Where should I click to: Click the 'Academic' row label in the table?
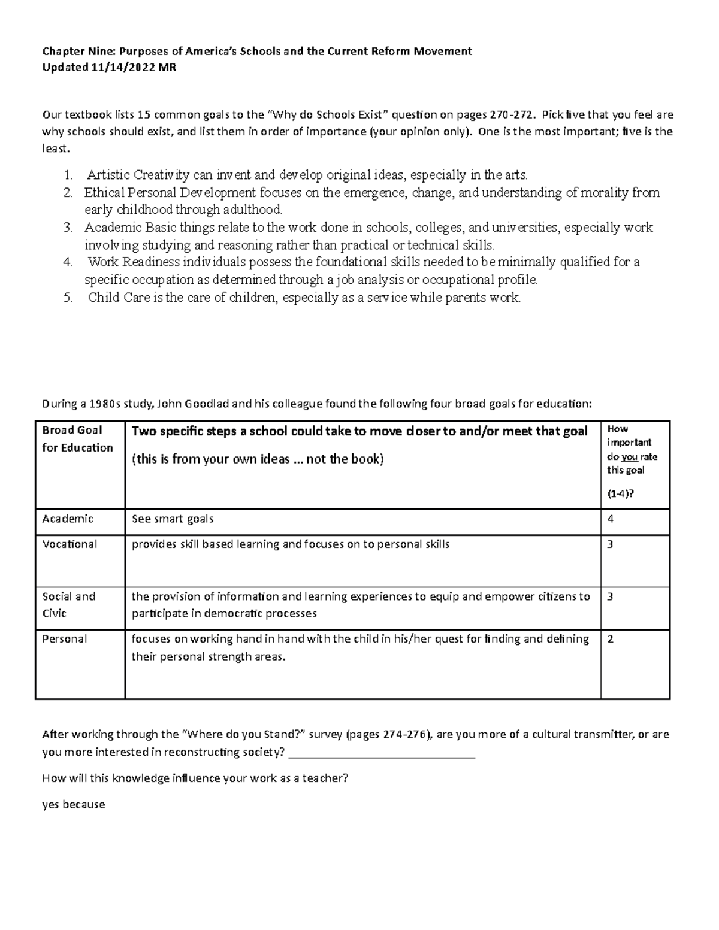[68, 519]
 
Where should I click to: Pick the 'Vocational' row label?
[70, 544]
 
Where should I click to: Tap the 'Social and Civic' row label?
[68, 605]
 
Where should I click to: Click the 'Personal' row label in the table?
[65, 639]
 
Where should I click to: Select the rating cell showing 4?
[611, 519]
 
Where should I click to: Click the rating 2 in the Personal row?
[611, 639]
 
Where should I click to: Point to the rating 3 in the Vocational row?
[611, 544]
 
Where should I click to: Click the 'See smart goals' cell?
[173, 519]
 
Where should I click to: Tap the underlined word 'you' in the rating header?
[629, 457]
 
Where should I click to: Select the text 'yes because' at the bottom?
[74, 805]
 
